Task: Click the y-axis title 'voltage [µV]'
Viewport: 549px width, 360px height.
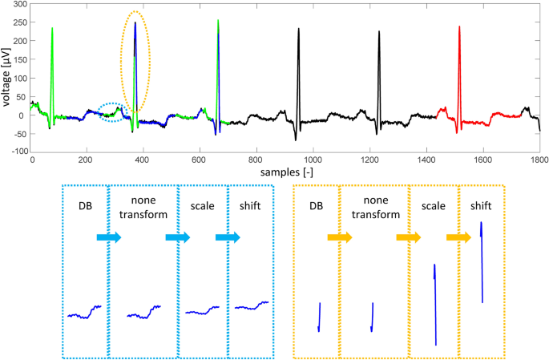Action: tap(9, 79)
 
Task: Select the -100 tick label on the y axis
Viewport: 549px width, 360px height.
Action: tap(14, 151)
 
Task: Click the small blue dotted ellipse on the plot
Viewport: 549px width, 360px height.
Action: tap(113, 113)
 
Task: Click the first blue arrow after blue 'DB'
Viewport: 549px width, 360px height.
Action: tap(107, 237)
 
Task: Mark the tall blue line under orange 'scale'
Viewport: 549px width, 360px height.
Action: tap(434, 305)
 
